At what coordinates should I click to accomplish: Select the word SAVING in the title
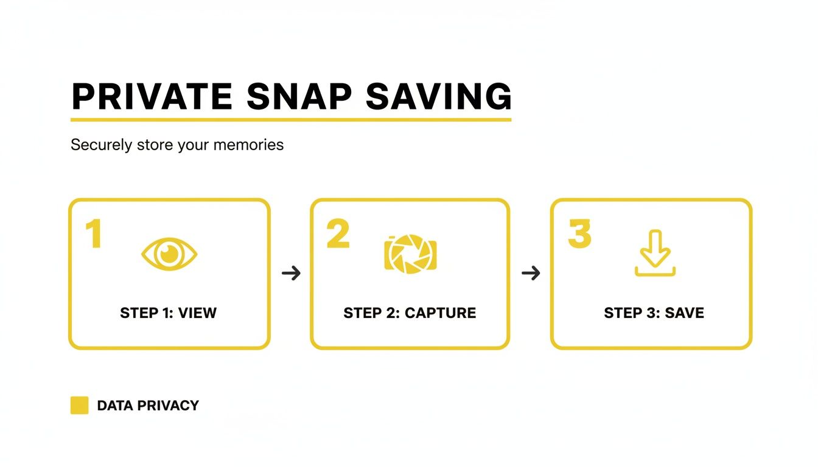439,95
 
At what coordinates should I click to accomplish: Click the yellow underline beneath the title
291,119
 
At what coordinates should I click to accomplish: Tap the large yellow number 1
93,234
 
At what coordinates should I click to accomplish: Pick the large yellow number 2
338,234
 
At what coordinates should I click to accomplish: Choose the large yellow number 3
579,234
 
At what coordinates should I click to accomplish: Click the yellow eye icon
169,254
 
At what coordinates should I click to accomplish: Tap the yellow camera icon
410,253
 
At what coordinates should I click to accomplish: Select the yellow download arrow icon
655,253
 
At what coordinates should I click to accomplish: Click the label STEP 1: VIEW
169,313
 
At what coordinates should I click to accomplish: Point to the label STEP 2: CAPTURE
410,313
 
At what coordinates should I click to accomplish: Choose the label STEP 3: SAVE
654,313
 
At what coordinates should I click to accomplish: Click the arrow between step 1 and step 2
292,273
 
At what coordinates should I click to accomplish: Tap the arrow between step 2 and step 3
531,273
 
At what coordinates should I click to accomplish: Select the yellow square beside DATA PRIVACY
79,405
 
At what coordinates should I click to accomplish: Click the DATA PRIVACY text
148,406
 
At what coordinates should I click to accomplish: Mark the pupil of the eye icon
169,254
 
